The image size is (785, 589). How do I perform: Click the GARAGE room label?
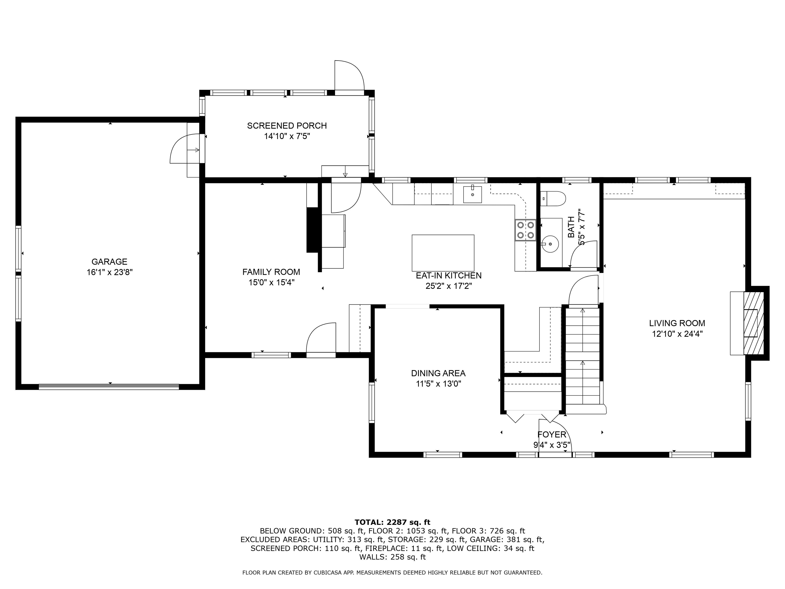pos(109,262)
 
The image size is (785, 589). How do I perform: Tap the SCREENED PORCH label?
pos(287,126)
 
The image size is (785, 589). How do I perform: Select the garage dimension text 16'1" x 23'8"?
pos(110,272)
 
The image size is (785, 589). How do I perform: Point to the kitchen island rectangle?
pos(443,253)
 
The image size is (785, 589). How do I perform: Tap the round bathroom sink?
pos(550,244)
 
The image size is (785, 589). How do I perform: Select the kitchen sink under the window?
pos(472,195)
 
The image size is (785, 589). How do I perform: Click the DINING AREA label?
pos(438,373)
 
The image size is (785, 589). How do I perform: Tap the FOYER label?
pos(552,435)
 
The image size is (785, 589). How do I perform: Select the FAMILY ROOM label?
pos(271,272)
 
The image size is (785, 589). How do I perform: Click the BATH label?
pos(571,227)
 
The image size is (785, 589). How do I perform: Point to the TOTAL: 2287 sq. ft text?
pos(392,522)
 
